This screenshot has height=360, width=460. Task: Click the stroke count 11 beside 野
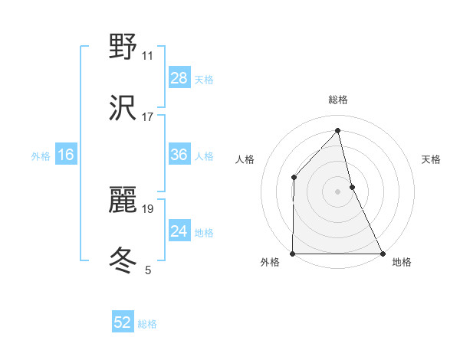coord(148,56)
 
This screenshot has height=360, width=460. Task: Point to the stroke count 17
coord(148,117)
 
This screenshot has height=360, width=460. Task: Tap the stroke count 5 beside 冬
coord(148,270)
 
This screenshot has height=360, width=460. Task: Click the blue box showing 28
coord(179,78)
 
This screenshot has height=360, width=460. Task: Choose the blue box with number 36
coord(179,155)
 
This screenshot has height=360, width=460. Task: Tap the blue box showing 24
coord(179,231)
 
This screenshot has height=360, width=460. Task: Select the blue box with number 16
coord(66,155)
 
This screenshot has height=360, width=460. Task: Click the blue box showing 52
coord(123,322)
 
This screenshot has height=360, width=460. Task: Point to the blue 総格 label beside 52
coord(147,324)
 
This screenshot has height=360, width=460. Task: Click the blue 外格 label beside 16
coord(41,156)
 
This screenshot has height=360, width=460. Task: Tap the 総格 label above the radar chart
coord(338,100)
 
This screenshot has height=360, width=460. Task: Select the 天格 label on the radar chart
coord(432,159)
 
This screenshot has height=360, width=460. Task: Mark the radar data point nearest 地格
coord(383,254)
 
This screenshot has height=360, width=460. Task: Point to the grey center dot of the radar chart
coord(338,191)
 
